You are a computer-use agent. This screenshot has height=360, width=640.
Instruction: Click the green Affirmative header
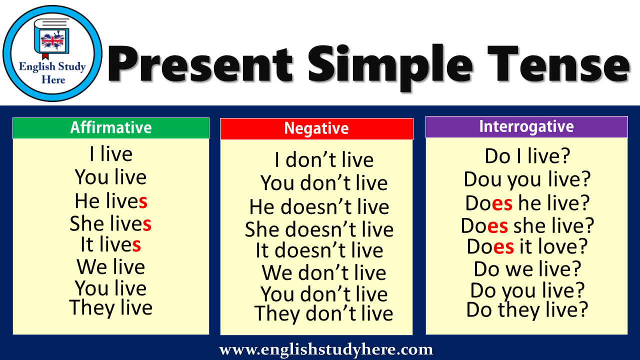click(110, 128)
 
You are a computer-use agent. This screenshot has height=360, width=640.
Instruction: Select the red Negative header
click(316, 129)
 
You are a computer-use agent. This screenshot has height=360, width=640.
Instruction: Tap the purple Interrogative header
click(526, 126)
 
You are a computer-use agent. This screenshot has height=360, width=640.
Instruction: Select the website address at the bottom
click(326, 349)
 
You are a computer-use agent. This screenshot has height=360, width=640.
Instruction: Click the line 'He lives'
click(111, 201)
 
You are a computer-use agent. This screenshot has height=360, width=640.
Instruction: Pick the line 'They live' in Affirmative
click(111, 307)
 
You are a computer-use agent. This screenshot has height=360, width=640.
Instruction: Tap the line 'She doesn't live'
click(319, 229)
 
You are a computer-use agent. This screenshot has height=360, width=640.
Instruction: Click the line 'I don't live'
click(324, 160)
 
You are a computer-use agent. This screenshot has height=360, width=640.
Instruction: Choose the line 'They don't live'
click(323, 314)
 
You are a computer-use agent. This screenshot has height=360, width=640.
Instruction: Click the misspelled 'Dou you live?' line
click(527, 179)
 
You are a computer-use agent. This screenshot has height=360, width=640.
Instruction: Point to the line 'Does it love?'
click(527, 246)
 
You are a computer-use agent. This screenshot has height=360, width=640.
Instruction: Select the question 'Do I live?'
click(527, 156)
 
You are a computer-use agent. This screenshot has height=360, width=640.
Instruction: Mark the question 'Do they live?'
click(527, 310)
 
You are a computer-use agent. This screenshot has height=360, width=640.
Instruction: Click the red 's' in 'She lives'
click(147, 224)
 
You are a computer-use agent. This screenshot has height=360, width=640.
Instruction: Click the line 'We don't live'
click(324, 273)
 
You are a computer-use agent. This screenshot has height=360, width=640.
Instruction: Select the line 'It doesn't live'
click(319, 250)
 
